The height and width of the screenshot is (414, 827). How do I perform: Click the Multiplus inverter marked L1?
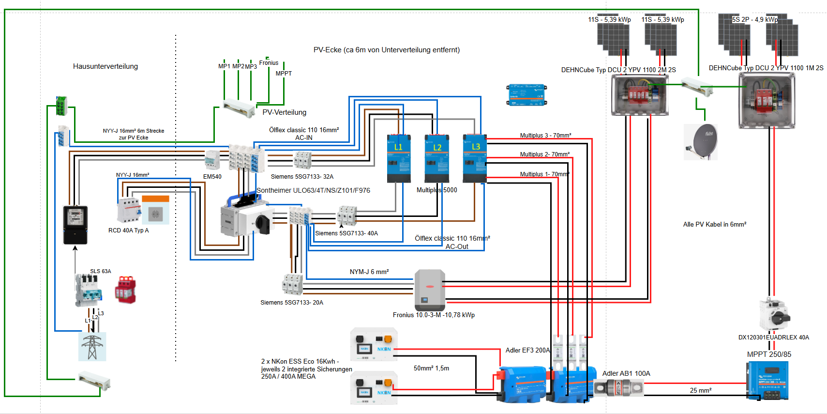[x=399, y=158]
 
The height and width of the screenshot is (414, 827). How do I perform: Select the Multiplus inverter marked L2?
[x=436, y=158]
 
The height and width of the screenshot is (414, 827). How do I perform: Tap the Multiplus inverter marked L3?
[x=474, y=158]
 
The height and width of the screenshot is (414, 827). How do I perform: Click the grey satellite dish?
[x=701, y=141]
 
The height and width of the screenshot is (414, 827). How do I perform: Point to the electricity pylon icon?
[x=92, y=346]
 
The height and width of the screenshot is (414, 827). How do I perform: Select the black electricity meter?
[x=75, y=224]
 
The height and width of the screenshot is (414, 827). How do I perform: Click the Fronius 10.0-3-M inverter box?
[x=430, y=290]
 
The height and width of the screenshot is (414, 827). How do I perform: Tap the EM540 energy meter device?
[x=212, y=160]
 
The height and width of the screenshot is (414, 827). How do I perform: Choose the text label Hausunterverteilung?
[x=105, y=66]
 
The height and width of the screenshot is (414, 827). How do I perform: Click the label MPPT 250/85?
[x=769, y=354]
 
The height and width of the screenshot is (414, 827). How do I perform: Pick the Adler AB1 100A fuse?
[x=618, y=387]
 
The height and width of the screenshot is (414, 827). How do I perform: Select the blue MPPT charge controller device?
[x=768, y=381]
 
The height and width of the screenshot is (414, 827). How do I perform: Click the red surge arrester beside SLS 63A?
[x=125, y=290]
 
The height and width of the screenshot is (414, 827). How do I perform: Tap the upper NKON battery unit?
[x=374, y=344]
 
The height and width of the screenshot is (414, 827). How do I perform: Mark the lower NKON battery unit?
[x=374, y=387]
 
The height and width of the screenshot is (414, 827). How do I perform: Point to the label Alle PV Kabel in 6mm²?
[x=714, y=225]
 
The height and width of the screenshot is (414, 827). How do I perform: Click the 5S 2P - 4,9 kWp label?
[x=754, y=20]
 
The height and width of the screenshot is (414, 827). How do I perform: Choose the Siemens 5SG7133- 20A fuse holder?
[x=293, y=284]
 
